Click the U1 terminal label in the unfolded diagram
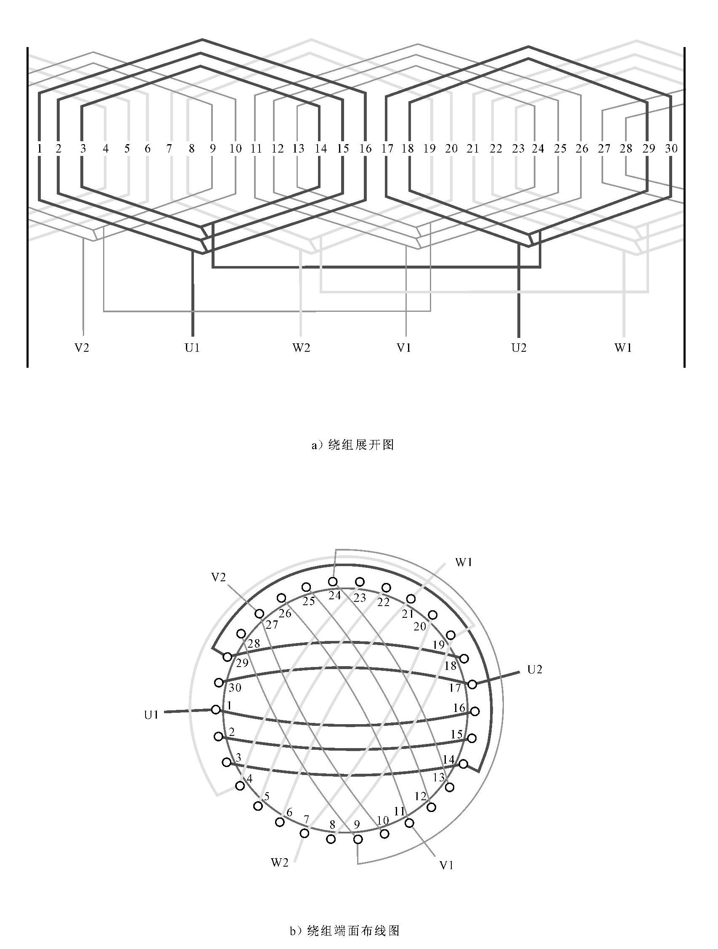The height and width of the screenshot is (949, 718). coord(192,348)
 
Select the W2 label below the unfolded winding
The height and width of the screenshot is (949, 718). coord(301,348)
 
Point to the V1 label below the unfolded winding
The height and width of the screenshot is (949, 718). coord(404,348)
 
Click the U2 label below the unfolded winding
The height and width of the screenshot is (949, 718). coord(519,348)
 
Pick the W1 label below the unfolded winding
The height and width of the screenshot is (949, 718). coord(623,348)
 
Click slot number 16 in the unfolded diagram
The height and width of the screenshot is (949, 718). coord(366,149)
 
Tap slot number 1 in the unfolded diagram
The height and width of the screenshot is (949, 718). coord(40,149)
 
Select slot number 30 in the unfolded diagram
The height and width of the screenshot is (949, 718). coord(671,148)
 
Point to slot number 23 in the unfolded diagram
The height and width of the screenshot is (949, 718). coord(518,149)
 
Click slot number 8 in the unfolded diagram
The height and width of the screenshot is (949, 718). coord(191,149)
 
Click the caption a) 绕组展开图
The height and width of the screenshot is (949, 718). coord(352,445)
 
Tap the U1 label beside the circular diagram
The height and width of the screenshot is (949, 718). coord(151,715)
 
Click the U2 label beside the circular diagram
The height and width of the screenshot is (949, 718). coord(534,669)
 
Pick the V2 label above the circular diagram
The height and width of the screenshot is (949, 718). coord(219,577)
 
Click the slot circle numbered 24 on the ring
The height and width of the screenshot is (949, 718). coord(333,582)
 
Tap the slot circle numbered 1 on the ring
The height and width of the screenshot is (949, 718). coord(216,709)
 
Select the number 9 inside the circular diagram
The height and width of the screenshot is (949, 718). coord(357,824)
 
